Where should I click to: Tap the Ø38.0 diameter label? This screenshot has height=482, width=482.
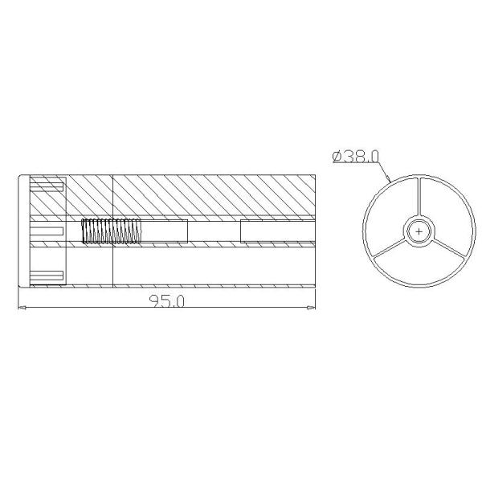[354, 156]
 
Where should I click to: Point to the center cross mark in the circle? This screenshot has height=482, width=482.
[418, 231]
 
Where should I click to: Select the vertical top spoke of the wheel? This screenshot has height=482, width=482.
[418, 196]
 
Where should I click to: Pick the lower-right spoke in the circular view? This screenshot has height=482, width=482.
[448, 250]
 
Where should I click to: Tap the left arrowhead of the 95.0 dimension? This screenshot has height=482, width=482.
[23, 307]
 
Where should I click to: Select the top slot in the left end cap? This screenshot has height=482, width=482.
[47, 186]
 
